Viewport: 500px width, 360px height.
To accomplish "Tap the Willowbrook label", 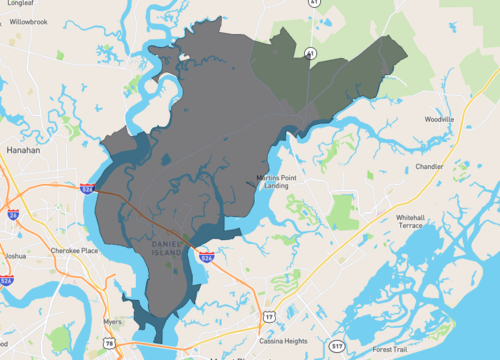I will click(30, 20).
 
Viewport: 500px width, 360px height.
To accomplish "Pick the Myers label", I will click(112, 323).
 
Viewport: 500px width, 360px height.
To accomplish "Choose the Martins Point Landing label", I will click(276, 181).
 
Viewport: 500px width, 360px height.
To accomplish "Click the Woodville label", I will click(439, 119).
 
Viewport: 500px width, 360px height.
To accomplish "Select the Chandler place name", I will click(429, 167).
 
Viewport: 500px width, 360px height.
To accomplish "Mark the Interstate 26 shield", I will click(13, 214).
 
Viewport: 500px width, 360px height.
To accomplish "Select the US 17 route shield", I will click(268, 316).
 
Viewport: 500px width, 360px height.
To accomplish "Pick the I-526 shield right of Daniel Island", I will click(206, 256).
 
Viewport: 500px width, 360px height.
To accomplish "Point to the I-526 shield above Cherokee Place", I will click(89, 186).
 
